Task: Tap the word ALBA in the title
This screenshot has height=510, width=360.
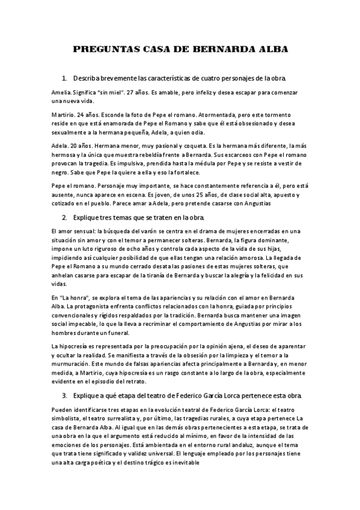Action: [x=271, y=49]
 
